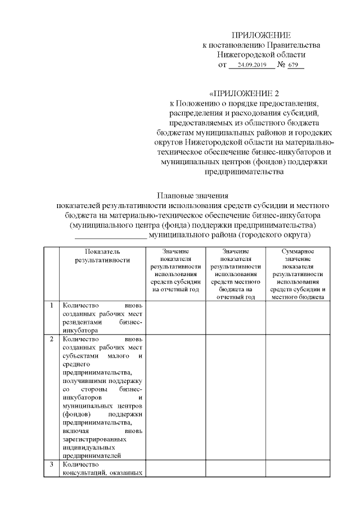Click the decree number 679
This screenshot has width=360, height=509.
point(292,65)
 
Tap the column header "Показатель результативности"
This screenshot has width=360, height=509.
point(103,255)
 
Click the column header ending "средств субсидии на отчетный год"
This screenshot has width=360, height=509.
point(175,270)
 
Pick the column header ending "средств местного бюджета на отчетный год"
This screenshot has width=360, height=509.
point(236,274)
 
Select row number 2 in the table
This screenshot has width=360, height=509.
point(51,340)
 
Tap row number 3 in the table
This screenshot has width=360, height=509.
point(51,465)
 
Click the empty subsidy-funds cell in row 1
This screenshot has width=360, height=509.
point(175,318)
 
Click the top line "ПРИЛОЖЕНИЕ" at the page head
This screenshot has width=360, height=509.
point(262,35)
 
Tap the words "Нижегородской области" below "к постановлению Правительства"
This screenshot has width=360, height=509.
point(262,55)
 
